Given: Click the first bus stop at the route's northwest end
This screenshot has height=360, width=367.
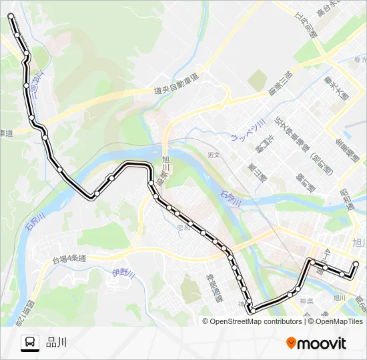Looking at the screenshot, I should coord(11,15).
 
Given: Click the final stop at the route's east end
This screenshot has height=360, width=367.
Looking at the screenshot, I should coord(356,264).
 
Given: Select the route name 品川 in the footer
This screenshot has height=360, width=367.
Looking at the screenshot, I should coord(57,343).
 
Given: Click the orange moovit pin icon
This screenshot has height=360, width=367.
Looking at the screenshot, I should coord(291,343).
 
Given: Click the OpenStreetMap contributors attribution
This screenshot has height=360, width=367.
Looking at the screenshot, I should coord(256,321).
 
